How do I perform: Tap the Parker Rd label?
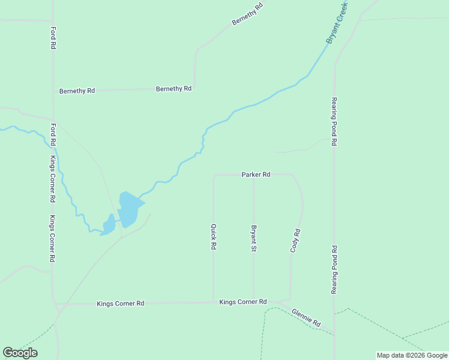click(x=256, y=175)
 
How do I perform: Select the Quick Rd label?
click(x=213, y=237)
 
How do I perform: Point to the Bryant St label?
click(x=254, y=238)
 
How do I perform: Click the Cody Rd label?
click(x=295, y=240)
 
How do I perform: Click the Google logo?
click(x=20, y=353)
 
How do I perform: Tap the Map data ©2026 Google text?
click(x=412, y=355)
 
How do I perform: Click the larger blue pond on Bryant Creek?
click(x=129, y=208)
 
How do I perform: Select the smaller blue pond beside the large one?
click(x=109, y=225)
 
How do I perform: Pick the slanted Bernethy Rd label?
click(x=248, y=14)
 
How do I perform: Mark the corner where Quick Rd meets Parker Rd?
click(x=214, y=176)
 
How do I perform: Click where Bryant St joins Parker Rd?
click(x=254, y=175)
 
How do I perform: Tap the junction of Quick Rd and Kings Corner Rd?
click(x=214, y=302)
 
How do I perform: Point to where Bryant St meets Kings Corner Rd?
click(x=254, y=301)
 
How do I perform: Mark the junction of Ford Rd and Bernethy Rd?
click(x=53, y=91)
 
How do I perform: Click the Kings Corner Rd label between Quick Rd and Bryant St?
click(x=243, y=302)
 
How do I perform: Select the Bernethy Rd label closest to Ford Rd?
click(x=77, y=91)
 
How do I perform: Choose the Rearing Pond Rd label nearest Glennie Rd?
click(x=334, y=269)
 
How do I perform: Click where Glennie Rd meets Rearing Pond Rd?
click(x=334, y=333)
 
